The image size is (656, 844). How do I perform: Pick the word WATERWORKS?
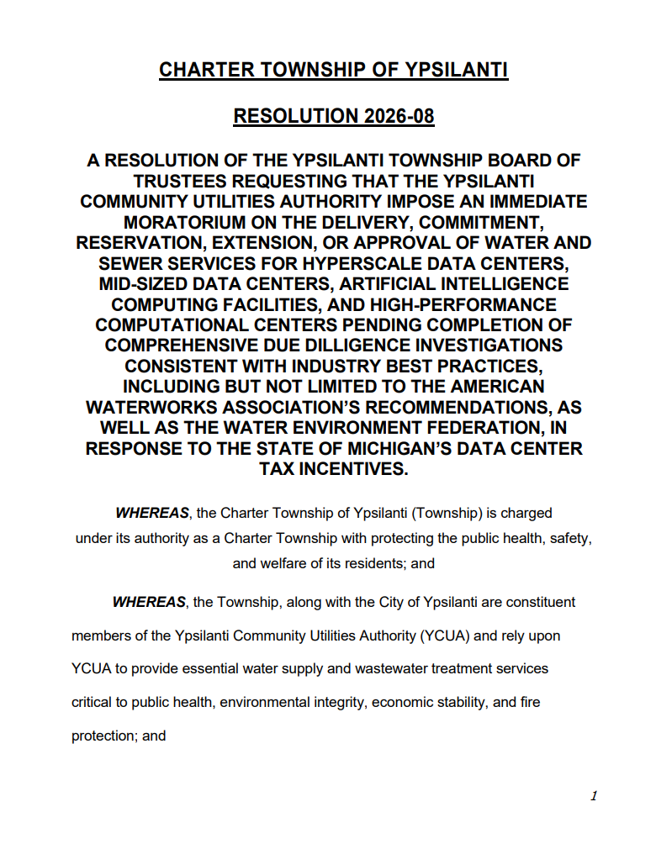[x=161, y=407]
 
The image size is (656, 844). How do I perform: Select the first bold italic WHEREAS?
[x=151, y=513]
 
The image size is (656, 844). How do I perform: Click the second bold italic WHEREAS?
[x=149, y=603]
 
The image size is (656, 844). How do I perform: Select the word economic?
[x=399, y=702]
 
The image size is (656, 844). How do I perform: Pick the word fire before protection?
[x=529, y=702]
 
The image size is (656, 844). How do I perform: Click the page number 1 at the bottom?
[x=594, y=795]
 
